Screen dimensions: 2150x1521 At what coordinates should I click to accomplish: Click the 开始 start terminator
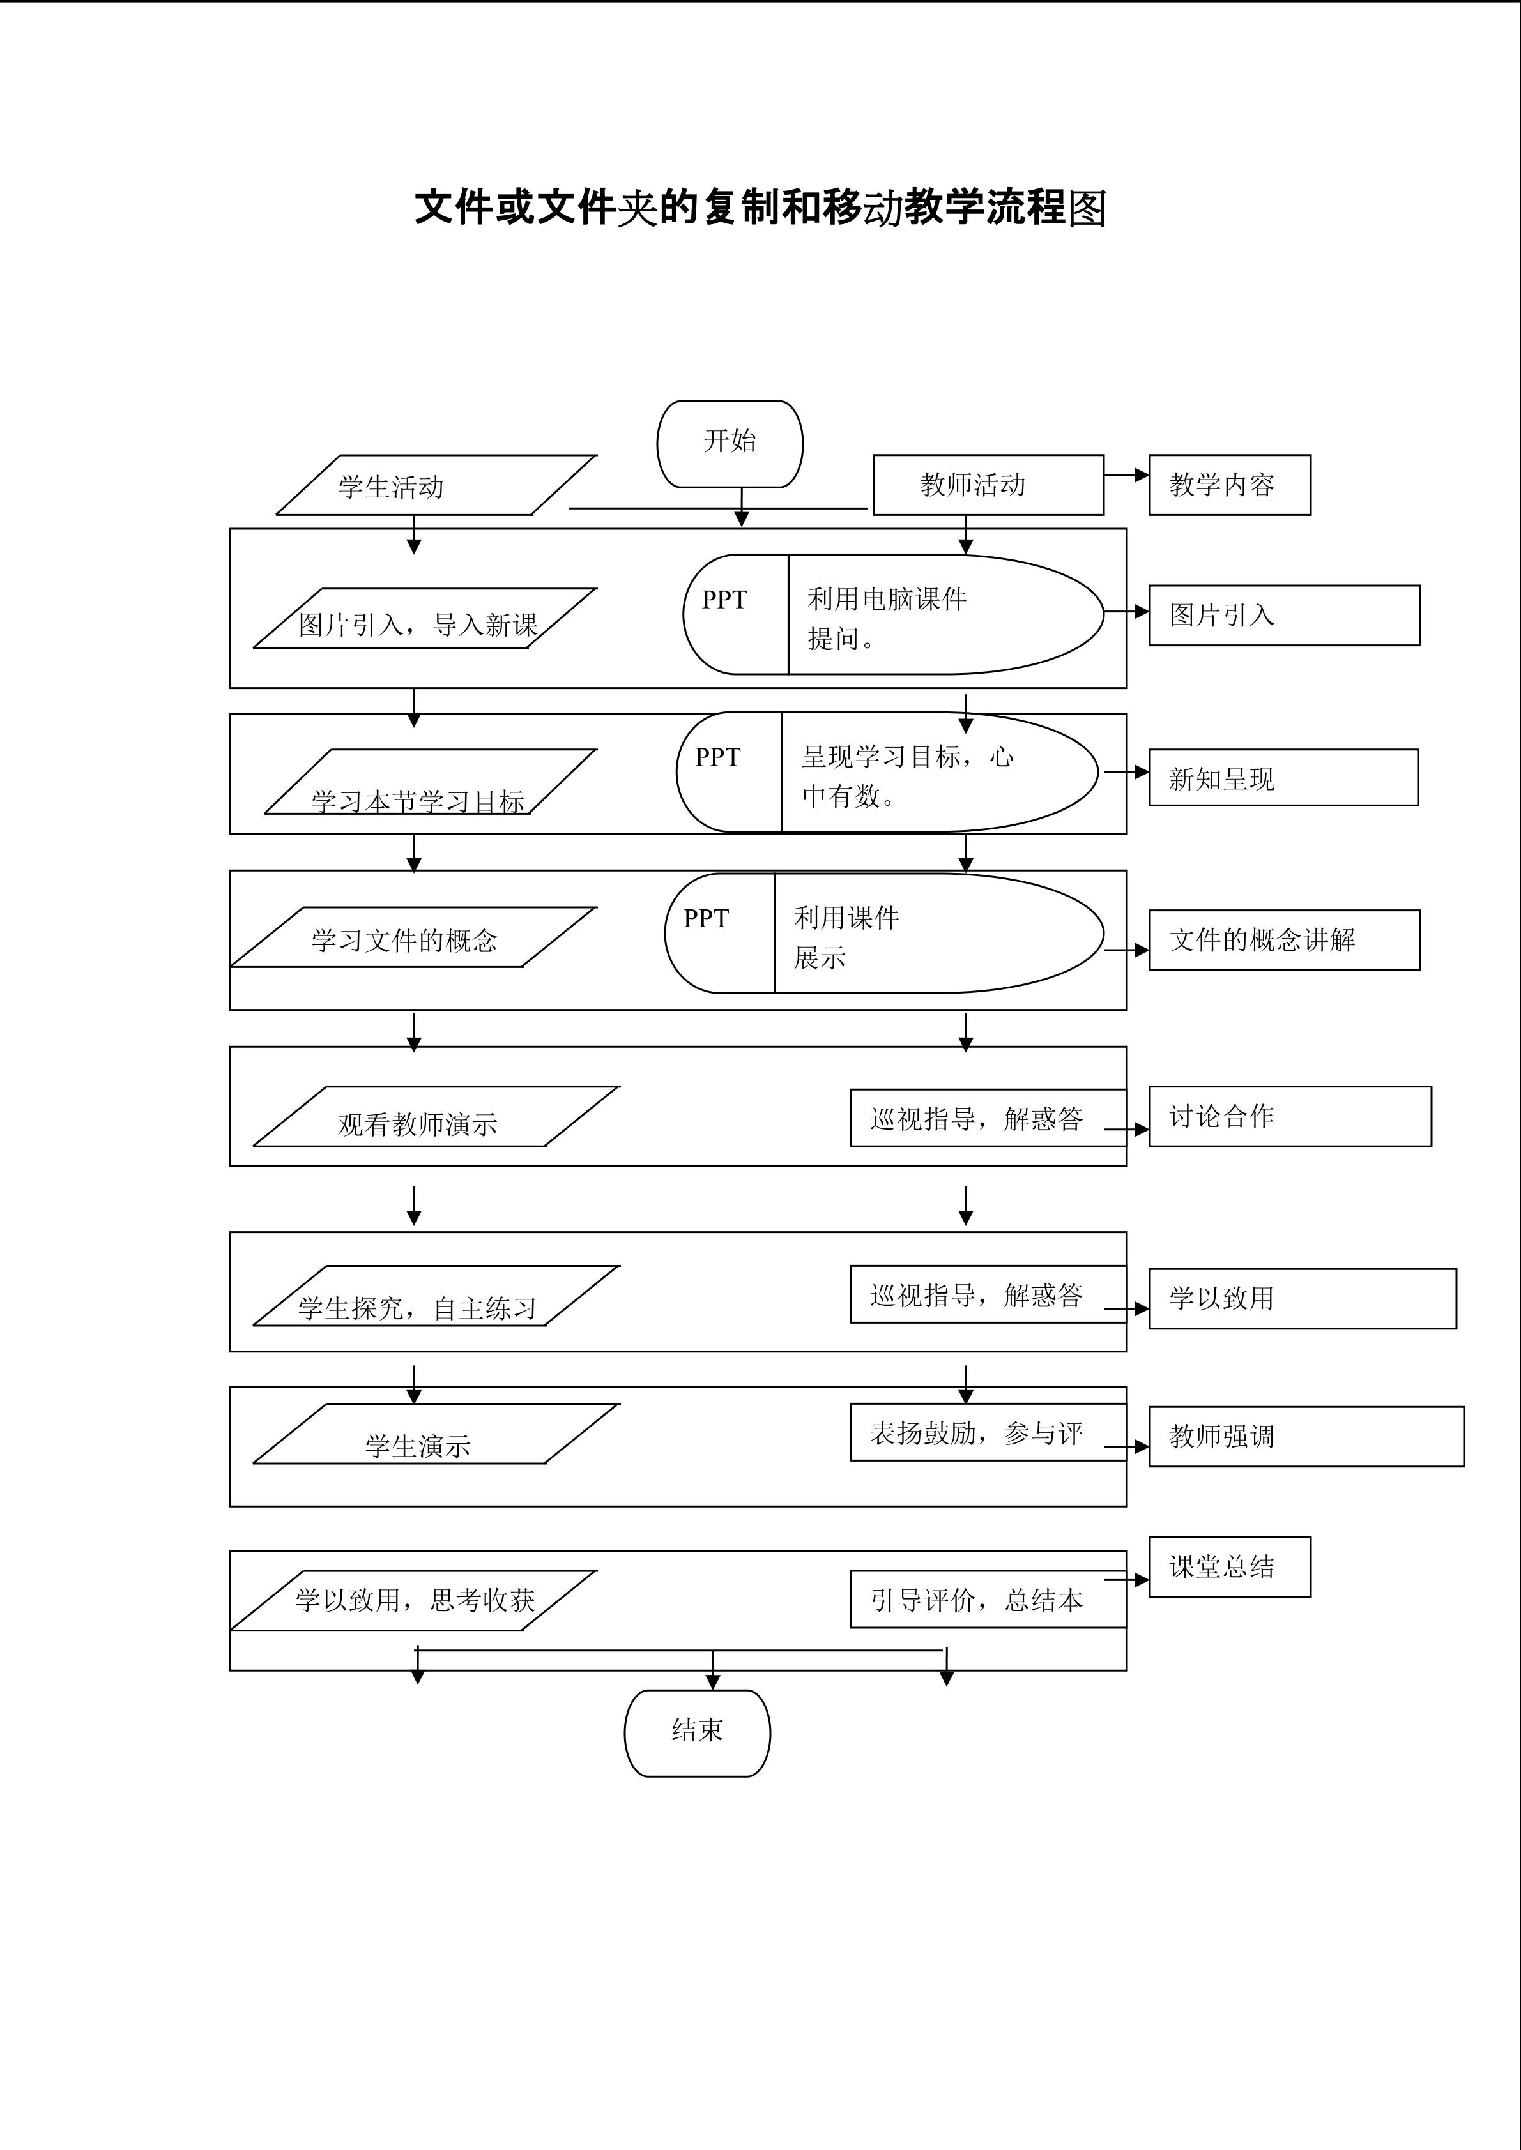point(730,443)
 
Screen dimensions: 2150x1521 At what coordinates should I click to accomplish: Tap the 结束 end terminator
point(697,1732)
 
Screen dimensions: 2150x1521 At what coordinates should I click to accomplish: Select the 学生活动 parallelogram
point(436,485)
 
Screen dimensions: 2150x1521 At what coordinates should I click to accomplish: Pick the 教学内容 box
point(1229,485)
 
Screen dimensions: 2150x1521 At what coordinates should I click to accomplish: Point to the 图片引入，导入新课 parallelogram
point(424,618)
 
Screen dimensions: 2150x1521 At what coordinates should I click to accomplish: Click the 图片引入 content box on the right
point(1283,615)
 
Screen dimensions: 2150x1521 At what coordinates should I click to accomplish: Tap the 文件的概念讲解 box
point(1283,939)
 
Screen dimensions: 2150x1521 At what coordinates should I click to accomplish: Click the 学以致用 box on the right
point(1302,1298)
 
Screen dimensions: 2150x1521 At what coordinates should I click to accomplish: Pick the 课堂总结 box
point(1229,1566)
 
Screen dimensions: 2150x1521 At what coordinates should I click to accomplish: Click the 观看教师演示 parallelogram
point(436,1116)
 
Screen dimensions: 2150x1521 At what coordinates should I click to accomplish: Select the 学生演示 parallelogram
point(436,1434)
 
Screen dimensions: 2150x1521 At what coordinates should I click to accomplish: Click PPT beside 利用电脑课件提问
point(725,600)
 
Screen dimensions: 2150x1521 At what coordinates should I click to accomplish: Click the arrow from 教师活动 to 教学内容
point(1127,474)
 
